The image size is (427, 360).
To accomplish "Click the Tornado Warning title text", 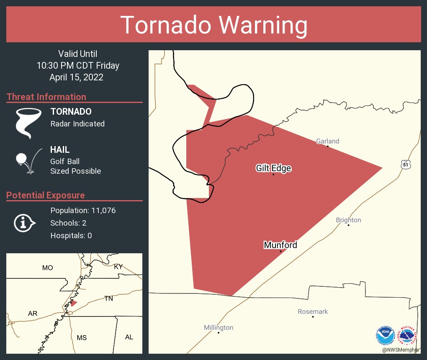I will [x=213, y=25].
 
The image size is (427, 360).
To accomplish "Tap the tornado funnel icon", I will [x=28, y=123].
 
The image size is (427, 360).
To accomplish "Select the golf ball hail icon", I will [x=28, y=161].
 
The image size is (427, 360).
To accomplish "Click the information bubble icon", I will [x=24, y=223].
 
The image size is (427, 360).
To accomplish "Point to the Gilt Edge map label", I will [x=273, y=168].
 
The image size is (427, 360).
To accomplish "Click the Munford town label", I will [x=280, y=245].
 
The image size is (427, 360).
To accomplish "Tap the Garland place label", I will [x=327, y=141].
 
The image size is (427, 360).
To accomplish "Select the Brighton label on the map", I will [x=348, y=220].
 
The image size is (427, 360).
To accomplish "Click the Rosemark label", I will [x=313, y=311].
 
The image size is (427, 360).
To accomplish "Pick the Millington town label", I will [x=219, y=327].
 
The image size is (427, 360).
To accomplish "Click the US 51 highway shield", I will [x=405, y=165].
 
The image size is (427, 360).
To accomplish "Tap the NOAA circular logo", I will [x=385, y=335].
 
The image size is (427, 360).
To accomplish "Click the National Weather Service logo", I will [x=408, y=335].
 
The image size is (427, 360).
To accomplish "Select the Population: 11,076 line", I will [x=83, y=210].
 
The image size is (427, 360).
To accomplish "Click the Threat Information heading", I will [x=46, y=97].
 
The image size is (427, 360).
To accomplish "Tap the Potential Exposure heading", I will [x=46, y=195].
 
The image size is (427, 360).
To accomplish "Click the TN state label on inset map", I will [x=109, y=298].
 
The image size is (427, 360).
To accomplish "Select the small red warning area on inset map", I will [x=74, y=303].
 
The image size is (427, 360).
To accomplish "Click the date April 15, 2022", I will [x=76, y=77].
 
